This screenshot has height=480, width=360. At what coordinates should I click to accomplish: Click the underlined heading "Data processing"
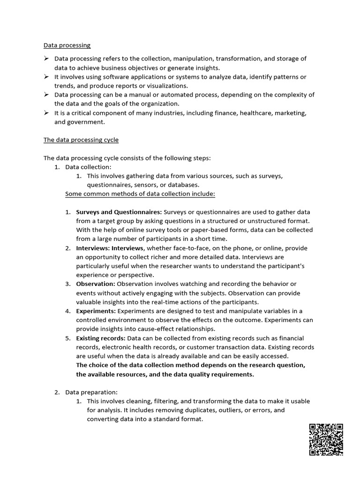pos(67,45)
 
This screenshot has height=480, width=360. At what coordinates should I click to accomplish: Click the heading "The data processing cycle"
pos(81,140)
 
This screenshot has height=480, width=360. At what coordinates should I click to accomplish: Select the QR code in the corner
pos(326,439)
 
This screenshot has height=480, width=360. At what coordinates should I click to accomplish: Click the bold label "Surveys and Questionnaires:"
pos(119,212)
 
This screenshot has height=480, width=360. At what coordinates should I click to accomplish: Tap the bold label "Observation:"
pos(96,284)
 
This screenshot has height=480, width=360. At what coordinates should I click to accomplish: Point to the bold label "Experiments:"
pos(96,311)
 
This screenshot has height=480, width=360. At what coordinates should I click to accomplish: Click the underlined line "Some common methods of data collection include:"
pos(140,194)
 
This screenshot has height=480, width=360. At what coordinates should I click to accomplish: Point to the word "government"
pos(87,122)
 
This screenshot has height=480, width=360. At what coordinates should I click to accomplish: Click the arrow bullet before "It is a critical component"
pos(46,113)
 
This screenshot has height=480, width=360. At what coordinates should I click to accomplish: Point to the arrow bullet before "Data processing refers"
pos(46,59)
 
